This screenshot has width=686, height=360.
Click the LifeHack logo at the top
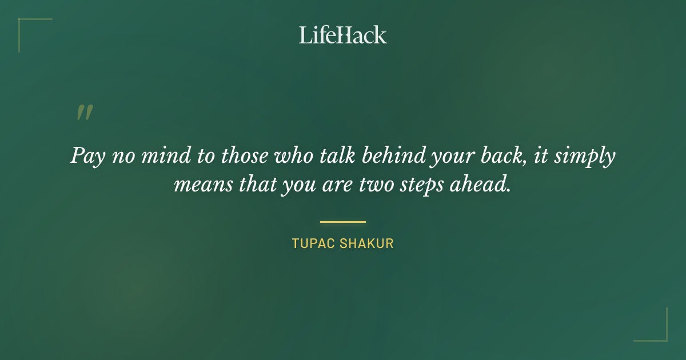343,35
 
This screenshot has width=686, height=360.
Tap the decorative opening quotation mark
85,113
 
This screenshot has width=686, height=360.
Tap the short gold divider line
343,222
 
